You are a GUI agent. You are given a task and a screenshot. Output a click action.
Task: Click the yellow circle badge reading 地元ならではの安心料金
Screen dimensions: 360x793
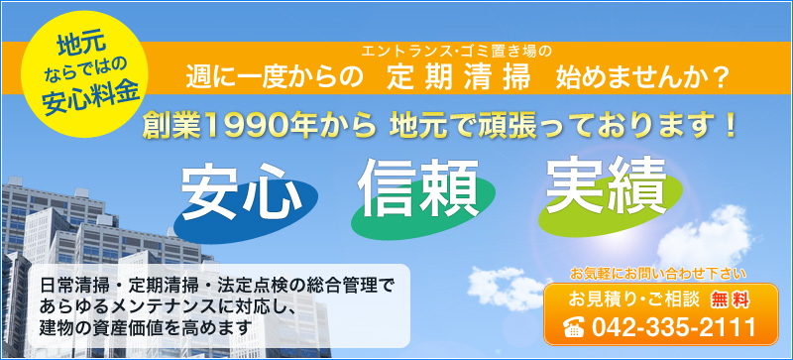click(84, 73)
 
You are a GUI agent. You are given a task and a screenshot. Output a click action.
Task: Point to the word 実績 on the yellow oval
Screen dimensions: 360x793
click(606, 183)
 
